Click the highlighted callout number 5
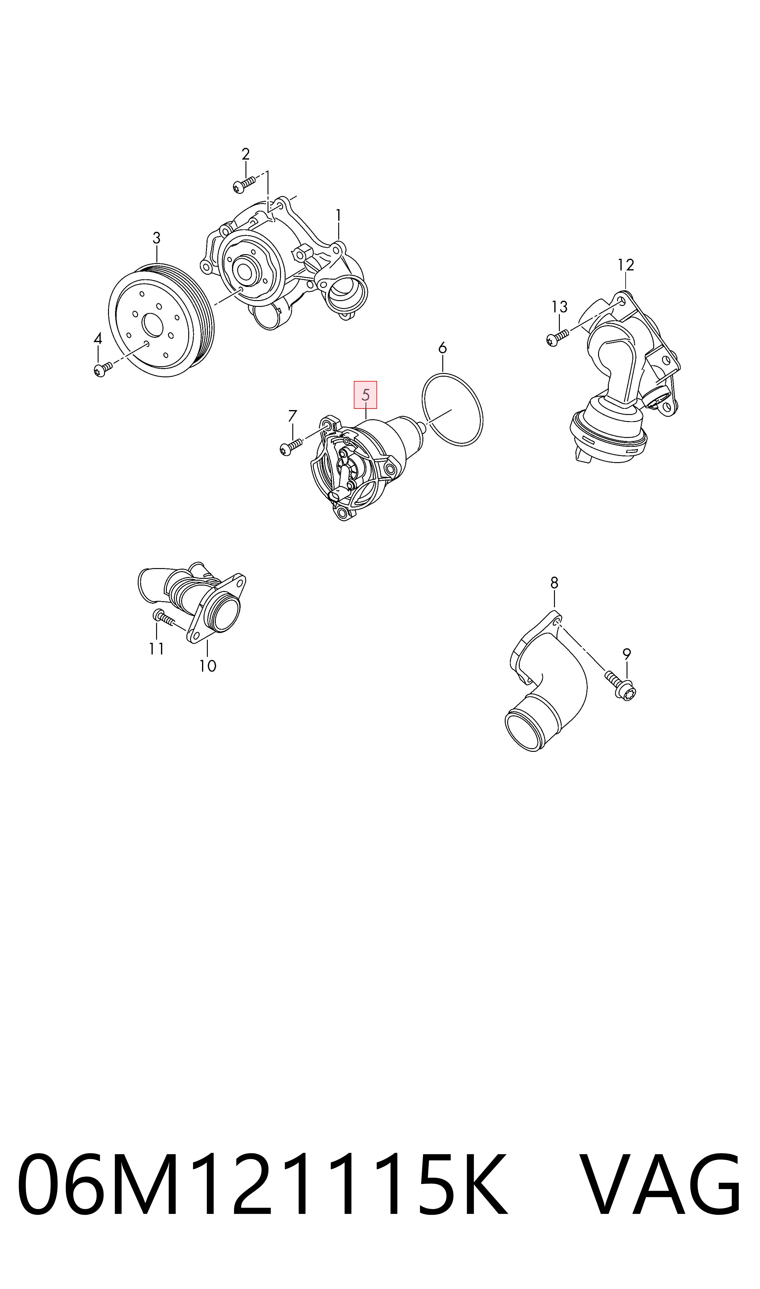click(365, 395)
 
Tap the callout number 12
click(626, 265)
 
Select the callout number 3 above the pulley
click(157, 238)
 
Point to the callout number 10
click(208, 666)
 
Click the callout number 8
click(554, 583)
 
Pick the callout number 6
click(443, 349)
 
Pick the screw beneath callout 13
click(558, 337)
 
